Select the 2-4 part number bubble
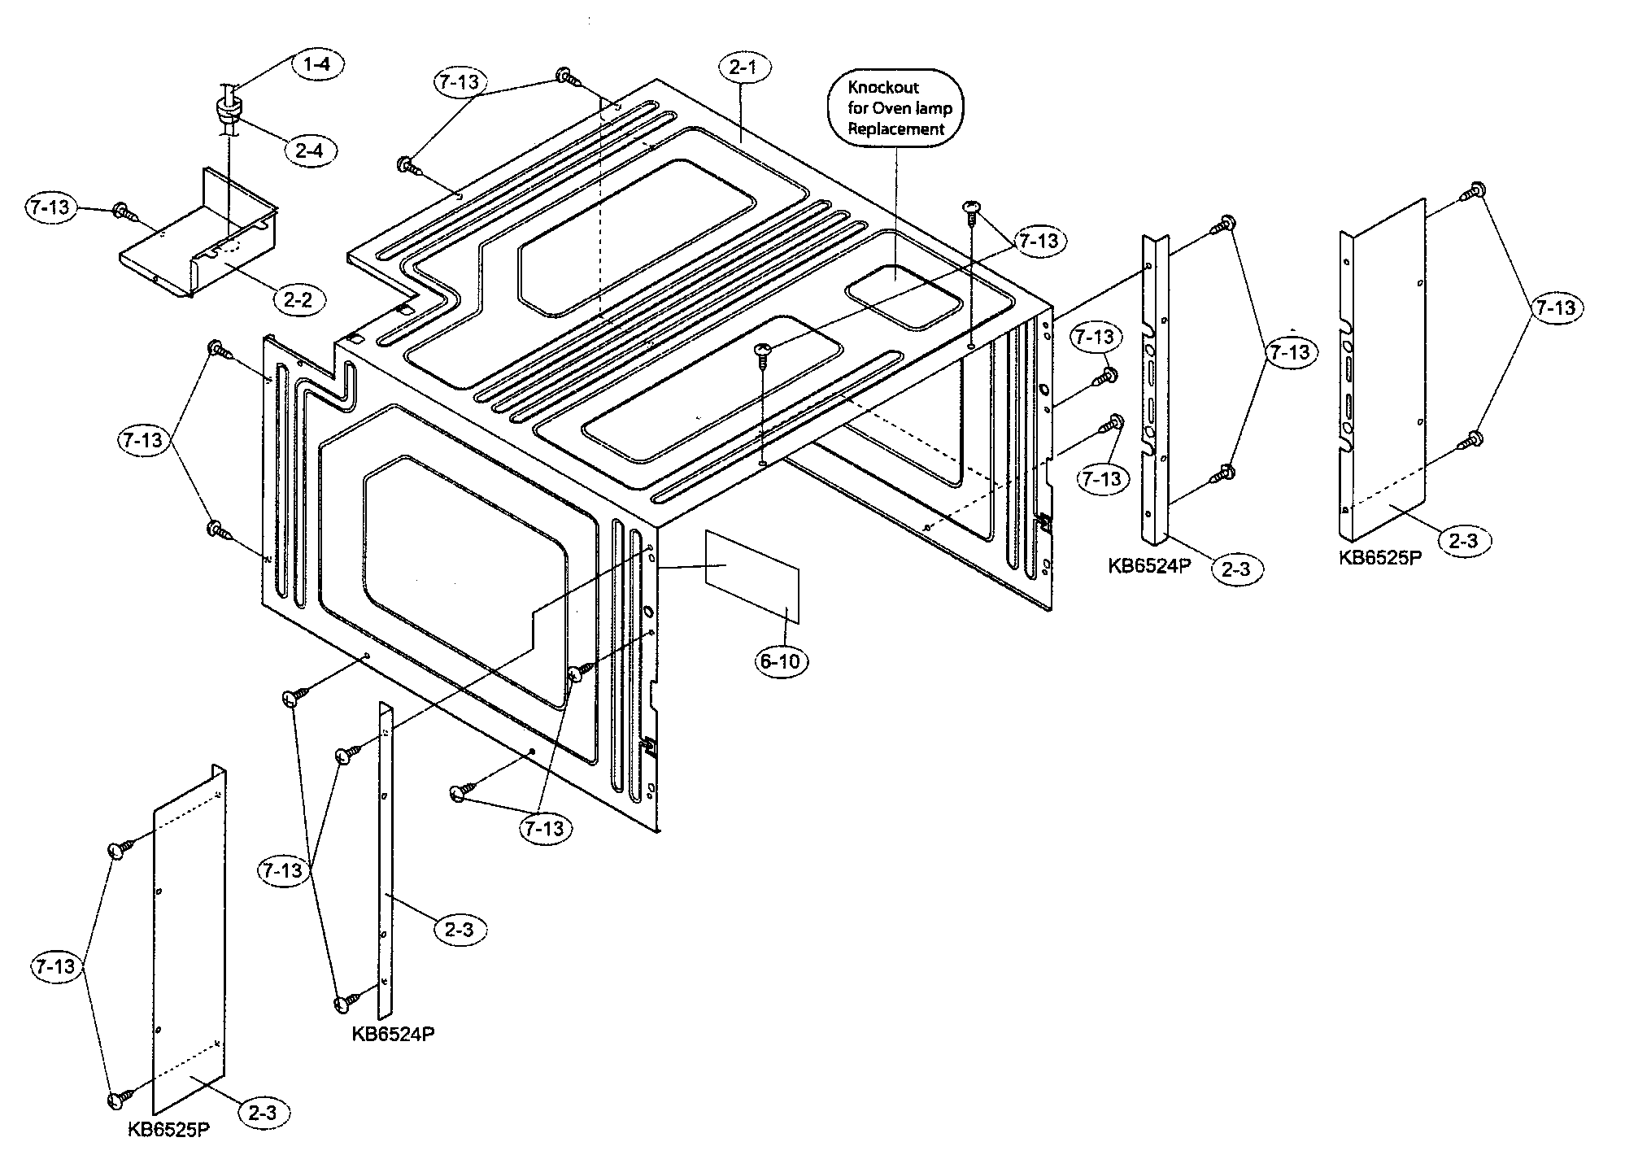point(310,150)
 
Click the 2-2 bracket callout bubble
point(298,300)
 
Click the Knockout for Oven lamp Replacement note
point(895,108)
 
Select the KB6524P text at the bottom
point(394,1034)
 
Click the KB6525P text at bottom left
point(168,1130)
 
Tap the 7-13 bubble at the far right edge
point(1555,308)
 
